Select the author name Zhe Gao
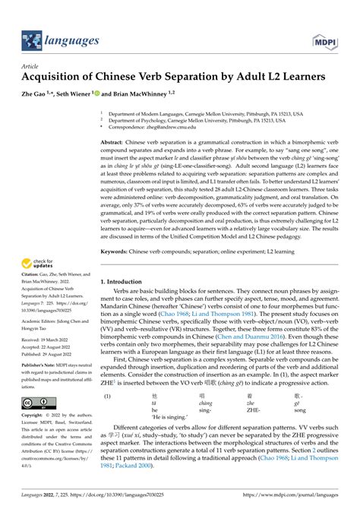pos(35,94)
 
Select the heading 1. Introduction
pos(126,282)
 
